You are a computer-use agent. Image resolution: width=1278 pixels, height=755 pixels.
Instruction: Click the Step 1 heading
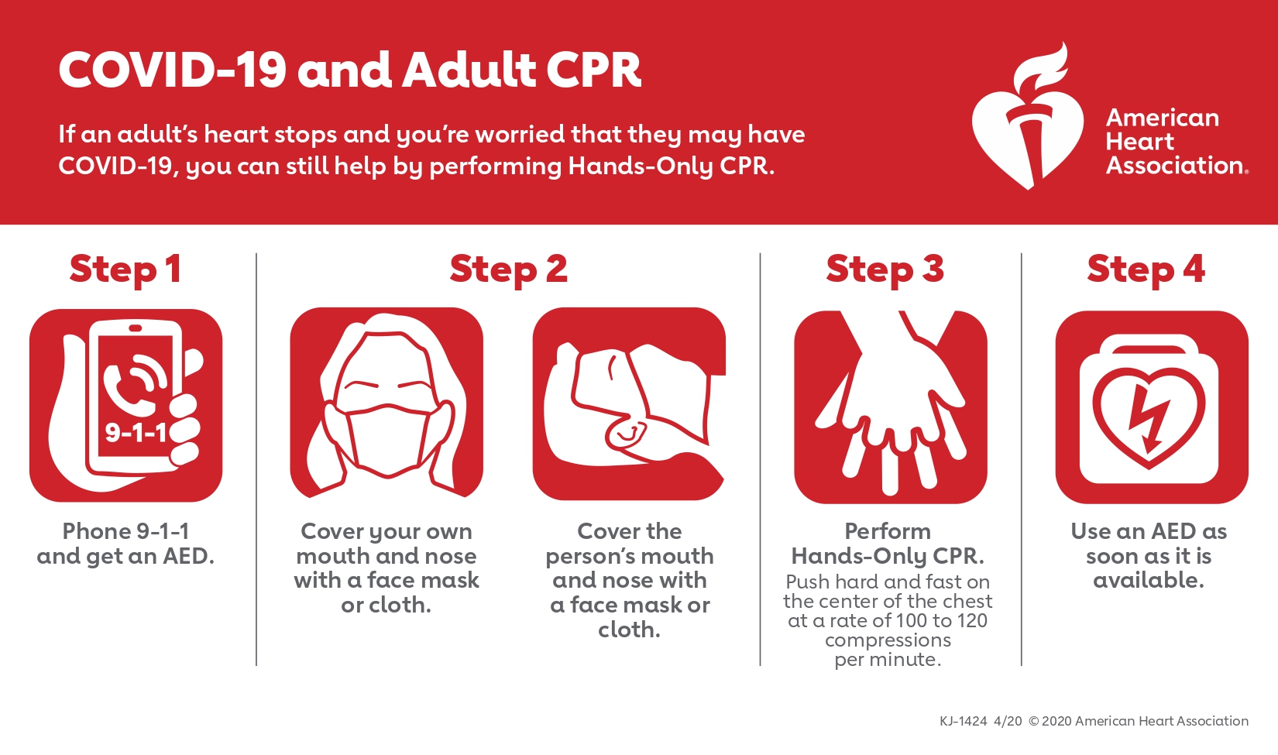(x=125, y=269)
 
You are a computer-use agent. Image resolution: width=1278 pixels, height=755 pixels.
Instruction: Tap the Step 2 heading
(x=508, y=269)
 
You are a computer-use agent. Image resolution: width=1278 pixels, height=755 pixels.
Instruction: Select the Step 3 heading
(x=885, y=269)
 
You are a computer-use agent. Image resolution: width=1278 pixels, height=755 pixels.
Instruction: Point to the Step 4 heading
(x=1146, y=269)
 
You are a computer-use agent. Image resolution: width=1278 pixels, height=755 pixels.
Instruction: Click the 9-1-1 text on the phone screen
(x=136, y=434)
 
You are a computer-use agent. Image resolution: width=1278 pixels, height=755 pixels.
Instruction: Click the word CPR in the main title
(x=594, y=70)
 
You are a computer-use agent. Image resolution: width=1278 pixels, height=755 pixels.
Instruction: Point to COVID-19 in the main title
(x=172, y=70)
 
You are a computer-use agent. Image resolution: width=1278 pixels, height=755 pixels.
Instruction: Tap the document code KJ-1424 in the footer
(x=963, y=722)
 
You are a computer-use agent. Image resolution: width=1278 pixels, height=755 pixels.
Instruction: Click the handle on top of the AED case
(x=1149, y=346)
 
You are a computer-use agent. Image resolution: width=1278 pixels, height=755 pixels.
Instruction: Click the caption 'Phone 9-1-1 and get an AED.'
(x=125, y=544)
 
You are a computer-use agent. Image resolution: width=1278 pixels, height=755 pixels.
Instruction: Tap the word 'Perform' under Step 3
(x=888, y=531)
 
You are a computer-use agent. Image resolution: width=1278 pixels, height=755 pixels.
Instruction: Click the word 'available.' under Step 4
(x=1149, y=581)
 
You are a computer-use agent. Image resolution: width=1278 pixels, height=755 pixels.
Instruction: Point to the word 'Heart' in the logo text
(x=1140, y=142)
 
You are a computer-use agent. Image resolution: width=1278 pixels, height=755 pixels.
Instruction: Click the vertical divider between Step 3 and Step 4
(x=1022, y=459)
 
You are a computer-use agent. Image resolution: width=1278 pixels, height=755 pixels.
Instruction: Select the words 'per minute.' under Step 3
(x=888, y=661)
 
